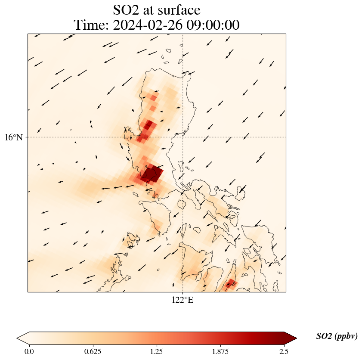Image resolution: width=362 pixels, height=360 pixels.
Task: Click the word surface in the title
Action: tap(180, 9)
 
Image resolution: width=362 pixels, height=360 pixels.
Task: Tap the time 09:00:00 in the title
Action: tap(213, 25)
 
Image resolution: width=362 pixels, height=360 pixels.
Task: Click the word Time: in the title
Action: tap(91, 25)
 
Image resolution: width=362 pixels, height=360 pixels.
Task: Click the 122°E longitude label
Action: tap(183, 300)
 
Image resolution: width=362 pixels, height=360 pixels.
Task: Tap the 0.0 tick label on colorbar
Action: tap(29, 351)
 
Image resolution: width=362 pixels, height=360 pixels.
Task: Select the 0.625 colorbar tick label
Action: tap(93, 351)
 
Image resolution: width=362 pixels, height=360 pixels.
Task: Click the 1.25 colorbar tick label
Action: tap(156, 351)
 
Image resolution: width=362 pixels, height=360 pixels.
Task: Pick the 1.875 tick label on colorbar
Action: tap(220, 351)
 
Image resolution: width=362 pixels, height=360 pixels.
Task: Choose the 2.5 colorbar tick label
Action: tap(284, 351)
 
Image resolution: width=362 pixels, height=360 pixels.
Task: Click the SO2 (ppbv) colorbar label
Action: tap(337, 336)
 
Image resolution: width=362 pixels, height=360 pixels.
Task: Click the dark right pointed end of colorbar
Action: tap(291, 338)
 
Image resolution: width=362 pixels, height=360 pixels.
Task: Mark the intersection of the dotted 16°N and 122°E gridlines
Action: tap(183, 137)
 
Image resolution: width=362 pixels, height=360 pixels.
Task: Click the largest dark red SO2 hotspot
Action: tap(152, 174)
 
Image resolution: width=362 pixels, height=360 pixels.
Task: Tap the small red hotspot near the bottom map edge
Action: tap(231, 283)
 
